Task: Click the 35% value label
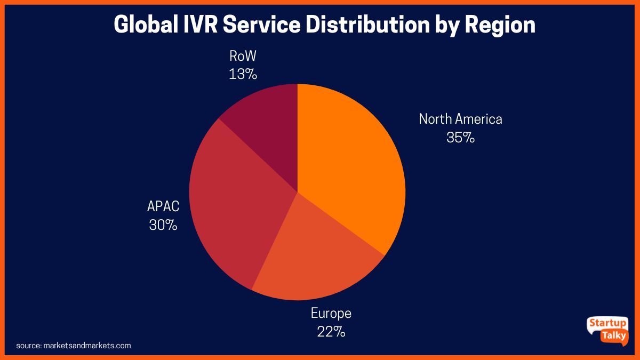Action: pos(460,138)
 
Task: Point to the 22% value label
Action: pos(331,332)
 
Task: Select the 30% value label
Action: pos(163,225)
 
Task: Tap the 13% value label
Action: pos(243,74)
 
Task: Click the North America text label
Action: pos(460,119)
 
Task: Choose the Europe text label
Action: pos(331,313)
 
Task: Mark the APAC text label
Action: pos(163,206)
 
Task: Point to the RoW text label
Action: pos(243,56)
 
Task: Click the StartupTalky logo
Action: pos(608,331)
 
